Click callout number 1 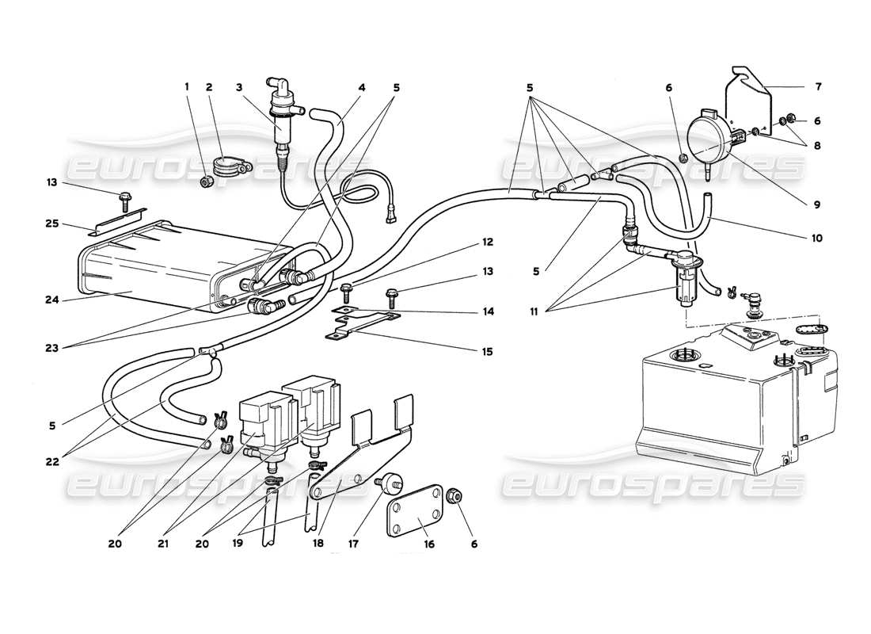[x=188, y=87]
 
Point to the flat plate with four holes [x=413, y=518]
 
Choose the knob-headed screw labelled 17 [x=390, y=481]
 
